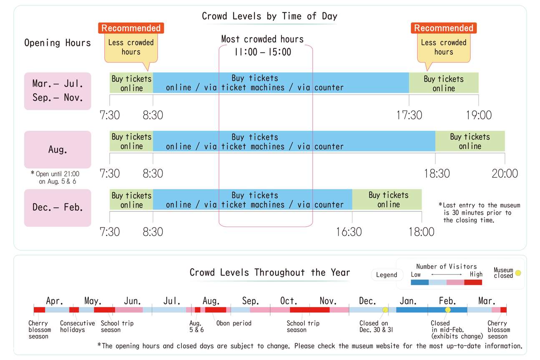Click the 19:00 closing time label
click(x=479, y=115)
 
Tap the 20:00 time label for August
click(x=505, y=173)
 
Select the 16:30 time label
click(x=349, y=232)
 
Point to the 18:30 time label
click(x=437, y=173)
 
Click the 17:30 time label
click(x=409, y=115)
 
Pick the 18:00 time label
click(x=421, y=232)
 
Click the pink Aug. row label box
click(x=58, y=149)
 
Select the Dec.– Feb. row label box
click(x=58, y=207)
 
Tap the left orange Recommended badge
click(x=131, y=28)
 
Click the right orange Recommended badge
click(x=444, y=28)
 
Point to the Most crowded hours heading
click(x=262, y=40)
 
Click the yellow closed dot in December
click(x=385, y=310)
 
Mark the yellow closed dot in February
click(x=448, y=310)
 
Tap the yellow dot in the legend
click(x=518, y=273)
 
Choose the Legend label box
click(x=387, y=275)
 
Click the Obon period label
click(x=234, y=323)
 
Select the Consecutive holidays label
click(x=77, y=326)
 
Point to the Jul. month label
click(x=172, y=301)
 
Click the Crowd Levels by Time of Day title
click(x=269, y=16)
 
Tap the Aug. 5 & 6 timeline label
click(x=196, y=326)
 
